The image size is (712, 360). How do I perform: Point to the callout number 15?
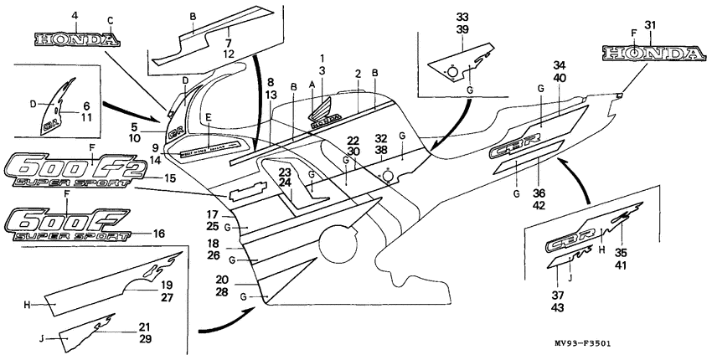pyautogui.click(x=170, y=178)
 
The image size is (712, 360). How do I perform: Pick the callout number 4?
pyautogui.click(x=75, y=16)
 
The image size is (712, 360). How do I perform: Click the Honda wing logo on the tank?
pyautogui.click(x=324, y=111)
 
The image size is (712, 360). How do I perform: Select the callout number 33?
pyautogui.click(x=463, y=17)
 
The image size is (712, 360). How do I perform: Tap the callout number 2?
pyautogui.click(x=358, y=74)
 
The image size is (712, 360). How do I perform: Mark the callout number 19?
pyautogui.click(x=167, y=284)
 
